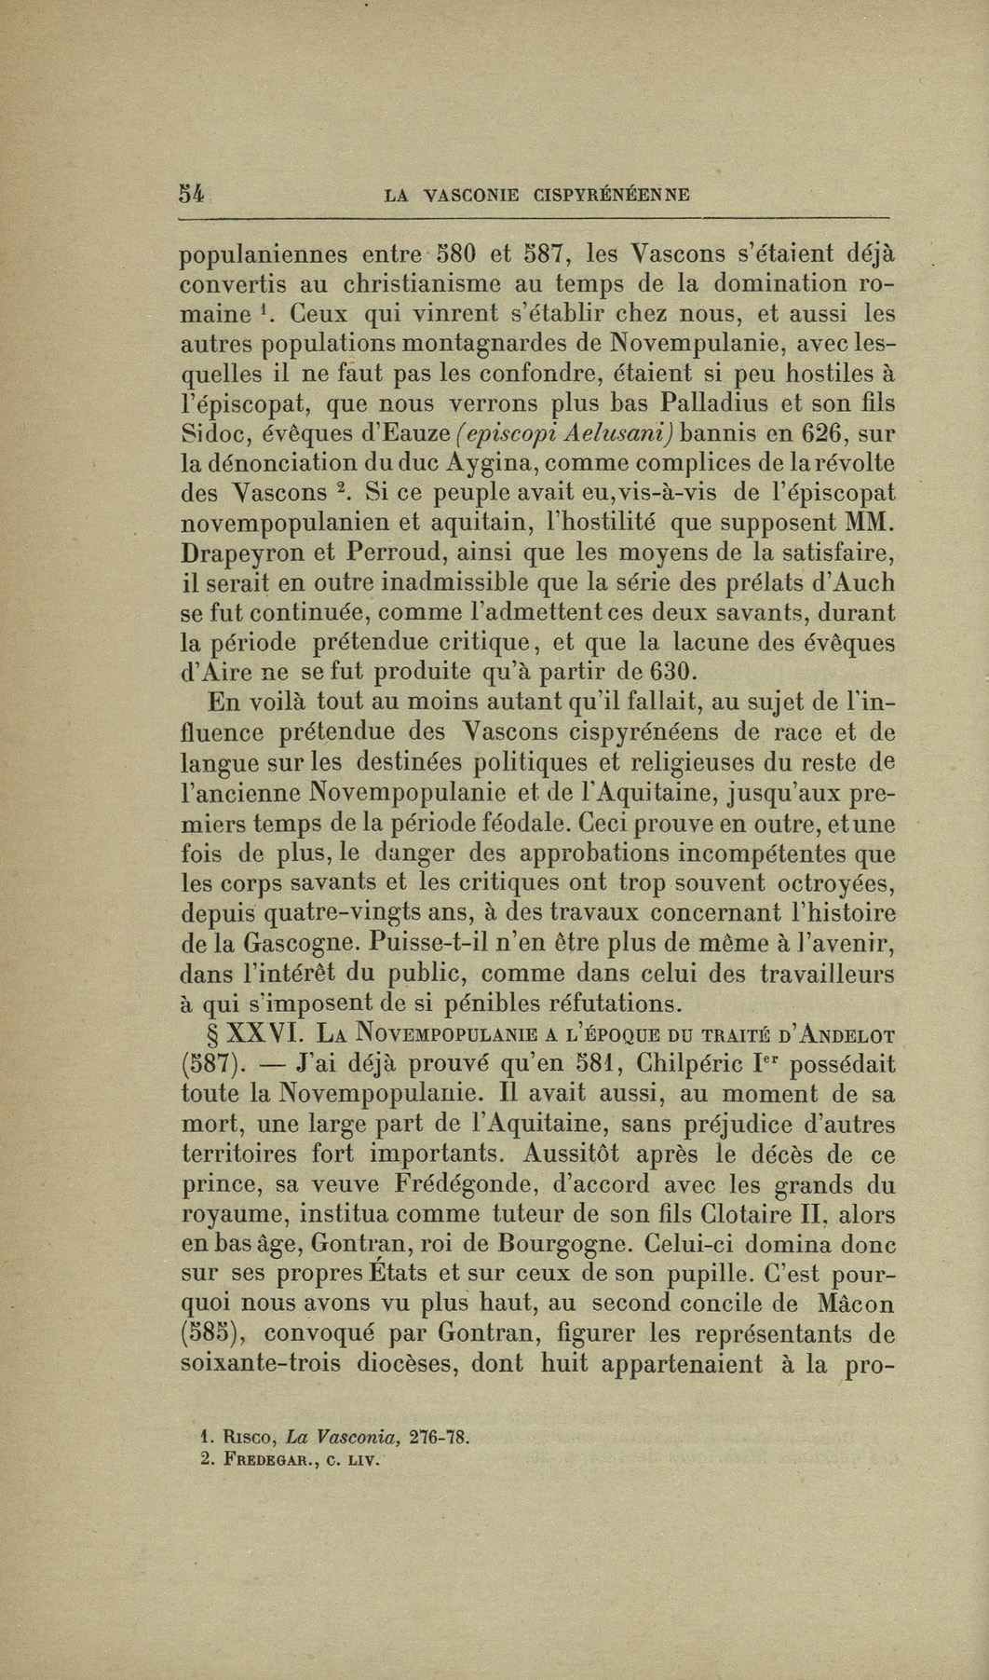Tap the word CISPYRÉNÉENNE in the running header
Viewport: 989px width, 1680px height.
pos(612,196)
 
